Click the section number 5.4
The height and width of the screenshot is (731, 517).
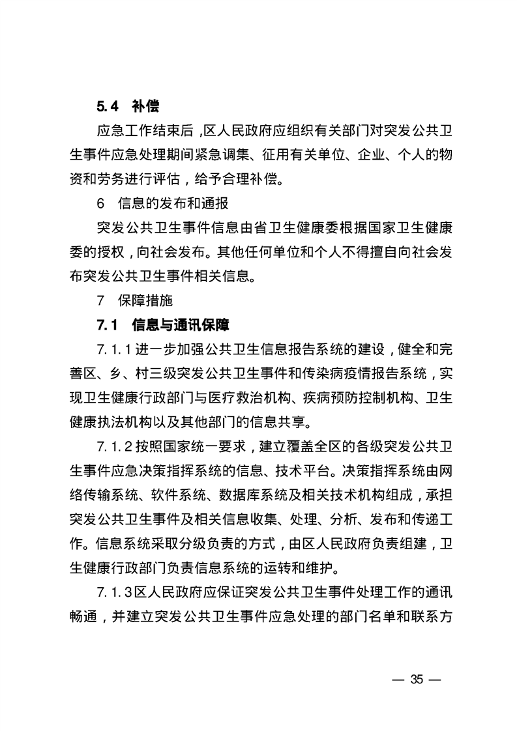pos(106,107)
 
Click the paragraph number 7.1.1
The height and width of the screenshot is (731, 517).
pos(115,349)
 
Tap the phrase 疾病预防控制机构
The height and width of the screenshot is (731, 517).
pos(353,398)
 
